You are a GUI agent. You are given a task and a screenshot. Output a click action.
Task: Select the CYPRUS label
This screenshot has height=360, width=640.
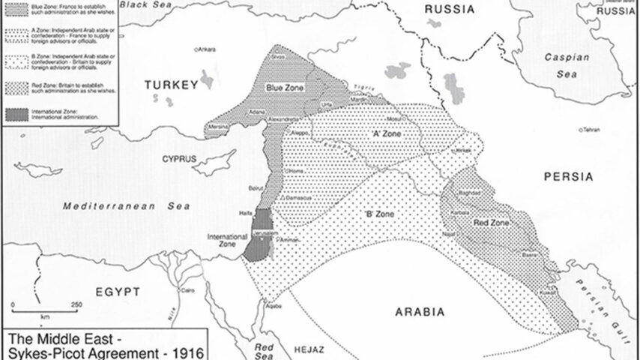178,159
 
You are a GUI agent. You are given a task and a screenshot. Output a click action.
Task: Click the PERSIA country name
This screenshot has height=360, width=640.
569,177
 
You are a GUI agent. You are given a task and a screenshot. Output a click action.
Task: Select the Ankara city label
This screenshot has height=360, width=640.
207,49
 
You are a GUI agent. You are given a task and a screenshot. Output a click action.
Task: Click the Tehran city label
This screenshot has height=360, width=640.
592,129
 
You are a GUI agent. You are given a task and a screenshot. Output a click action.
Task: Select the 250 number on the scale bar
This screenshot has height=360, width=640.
75,304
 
